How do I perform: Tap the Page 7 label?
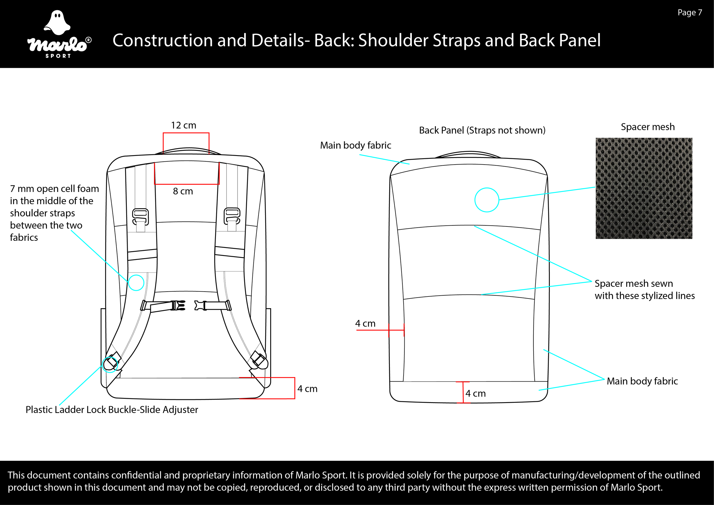tap(690, 13)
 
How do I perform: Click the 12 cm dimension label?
tap(183, 125)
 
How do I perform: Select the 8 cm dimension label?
tap(183, 191)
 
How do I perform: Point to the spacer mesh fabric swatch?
tap(644, 188)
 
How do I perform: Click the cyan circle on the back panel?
tap(487, 200)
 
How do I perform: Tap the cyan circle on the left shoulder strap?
tap(136, 282)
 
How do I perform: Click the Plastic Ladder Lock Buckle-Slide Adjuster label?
tap(112, 410)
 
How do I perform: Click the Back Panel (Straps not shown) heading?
tap(482, 130)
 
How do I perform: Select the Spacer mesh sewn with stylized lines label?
tap(644, 290)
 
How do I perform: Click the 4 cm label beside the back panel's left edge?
tap(365, 323)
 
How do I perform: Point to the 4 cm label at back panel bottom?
tap(476, 394)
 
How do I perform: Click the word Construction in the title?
tap(162, 41)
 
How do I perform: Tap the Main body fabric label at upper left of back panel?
tap(356, 145)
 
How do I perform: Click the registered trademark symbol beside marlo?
tap(88, 40)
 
